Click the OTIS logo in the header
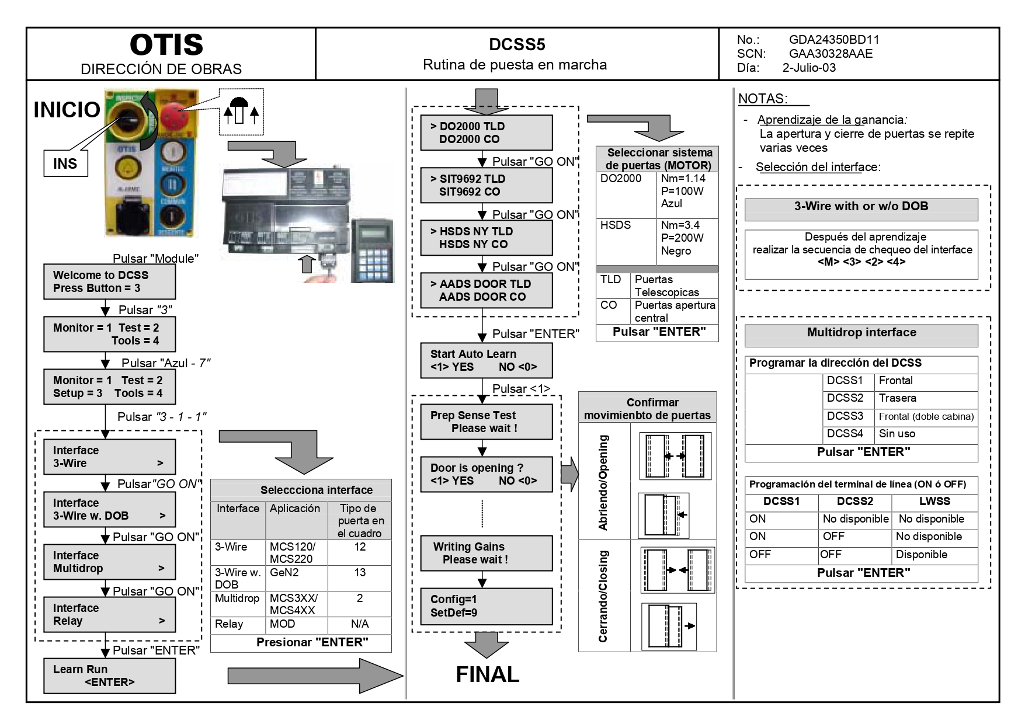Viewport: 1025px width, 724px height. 166,45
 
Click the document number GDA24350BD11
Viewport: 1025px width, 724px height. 833,40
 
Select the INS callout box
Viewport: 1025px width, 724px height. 65,163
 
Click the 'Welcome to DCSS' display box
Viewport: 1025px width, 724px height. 109,281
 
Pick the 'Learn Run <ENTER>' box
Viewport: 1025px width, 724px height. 109,676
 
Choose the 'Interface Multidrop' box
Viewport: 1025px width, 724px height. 109,562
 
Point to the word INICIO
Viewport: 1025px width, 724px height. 67,110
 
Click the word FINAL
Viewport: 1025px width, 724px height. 487,674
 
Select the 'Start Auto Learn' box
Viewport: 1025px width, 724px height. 486,360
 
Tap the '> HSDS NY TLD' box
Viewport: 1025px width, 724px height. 486,238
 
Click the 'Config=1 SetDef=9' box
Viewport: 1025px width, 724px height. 486,606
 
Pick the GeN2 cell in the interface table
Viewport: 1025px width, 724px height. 284,573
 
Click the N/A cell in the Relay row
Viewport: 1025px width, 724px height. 360,624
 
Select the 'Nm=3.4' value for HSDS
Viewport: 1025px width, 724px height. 680,225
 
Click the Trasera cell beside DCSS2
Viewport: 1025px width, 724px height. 898,398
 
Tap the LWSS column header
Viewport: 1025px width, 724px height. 934,502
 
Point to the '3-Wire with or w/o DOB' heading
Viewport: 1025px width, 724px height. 861,206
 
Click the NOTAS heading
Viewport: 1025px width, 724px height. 763,99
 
